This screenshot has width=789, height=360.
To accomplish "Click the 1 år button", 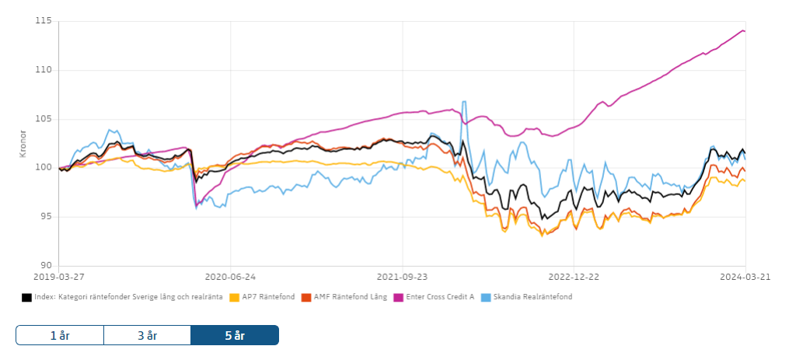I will (59, 335).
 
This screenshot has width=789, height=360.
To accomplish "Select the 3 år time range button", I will (147, 335).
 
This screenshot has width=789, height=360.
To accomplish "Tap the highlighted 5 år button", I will (234, 335).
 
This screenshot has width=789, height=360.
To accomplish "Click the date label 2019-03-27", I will (60, 275).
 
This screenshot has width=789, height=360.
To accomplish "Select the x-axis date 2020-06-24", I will (231, 275).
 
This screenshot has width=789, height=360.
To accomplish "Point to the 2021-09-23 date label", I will (402, 275).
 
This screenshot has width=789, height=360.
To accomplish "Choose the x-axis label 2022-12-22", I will (573, 275).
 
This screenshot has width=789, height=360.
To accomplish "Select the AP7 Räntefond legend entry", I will (268, 297).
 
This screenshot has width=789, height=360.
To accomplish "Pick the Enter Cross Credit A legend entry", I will (439, 297).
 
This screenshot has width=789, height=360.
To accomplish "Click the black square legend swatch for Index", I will (27, 297).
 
